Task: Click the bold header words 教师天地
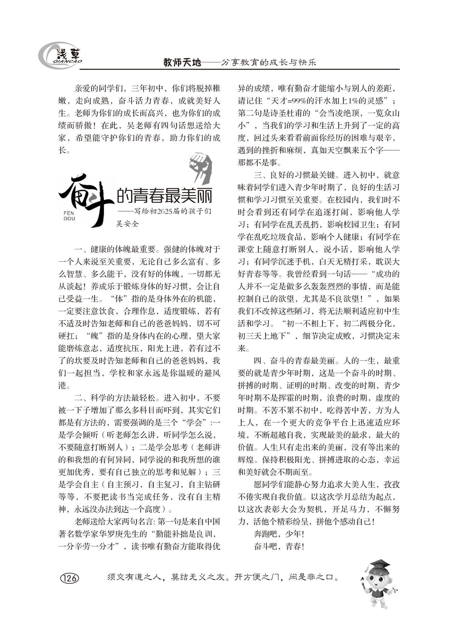coord(182,63)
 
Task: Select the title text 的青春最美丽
coord(164,196)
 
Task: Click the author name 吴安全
coord(127,224)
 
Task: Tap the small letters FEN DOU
coord(69,216)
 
